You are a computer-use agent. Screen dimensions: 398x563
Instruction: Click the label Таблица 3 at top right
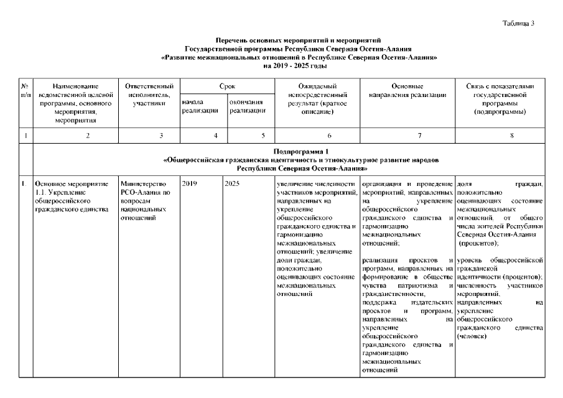point(518,23)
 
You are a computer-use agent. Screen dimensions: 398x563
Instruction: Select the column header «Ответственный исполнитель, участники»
point(149,94)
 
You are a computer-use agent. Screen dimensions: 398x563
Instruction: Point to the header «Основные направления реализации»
point(407,90)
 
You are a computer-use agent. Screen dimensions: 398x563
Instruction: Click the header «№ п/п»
point(25,89)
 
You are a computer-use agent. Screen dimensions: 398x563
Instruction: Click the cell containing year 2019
point(189,184)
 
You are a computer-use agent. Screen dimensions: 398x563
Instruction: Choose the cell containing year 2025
point(233,184)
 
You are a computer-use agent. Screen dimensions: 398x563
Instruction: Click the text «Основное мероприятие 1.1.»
point(72,188)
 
